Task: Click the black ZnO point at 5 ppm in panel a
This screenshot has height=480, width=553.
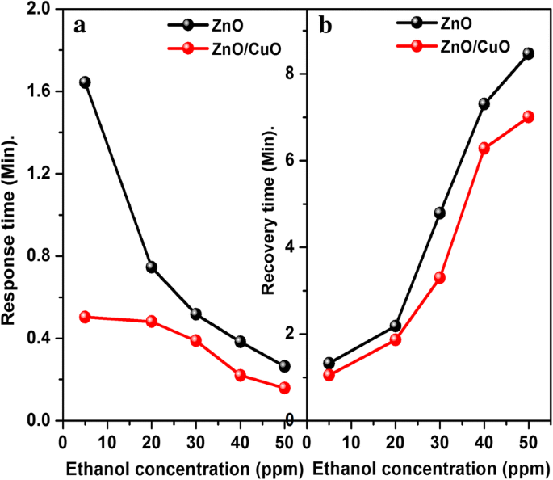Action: point(85,82)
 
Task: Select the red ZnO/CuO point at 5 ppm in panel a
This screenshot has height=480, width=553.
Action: point(85,317)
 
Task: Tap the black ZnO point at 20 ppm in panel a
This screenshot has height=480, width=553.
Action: point(151,267)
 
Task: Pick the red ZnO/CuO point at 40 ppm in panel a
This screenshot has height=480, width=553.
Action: point(241,375)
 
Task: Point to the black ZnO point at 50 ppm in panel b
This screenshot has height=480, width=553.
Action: point(529,53)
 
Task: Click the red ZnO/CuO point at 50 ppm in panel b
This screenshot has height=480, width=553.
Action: point(529,116)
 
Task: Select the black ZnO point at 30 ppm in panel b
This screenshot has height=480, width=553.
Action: point(439,213)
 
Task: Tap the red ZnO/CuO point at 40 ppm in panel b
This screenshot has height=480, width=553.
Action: point(484,148)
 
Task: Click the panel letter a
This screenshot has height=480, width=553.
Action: point(79,24)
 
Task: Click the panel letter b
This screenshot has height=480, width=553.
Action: point(326,24)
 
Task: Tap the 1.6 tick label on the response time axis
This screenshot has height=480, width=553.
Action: point(37,91)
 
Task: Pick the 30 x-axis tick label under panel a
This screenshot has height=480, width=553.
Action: point(196,442)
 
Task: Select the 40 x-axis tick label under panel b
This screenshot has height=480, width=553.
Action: point(484,442)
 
